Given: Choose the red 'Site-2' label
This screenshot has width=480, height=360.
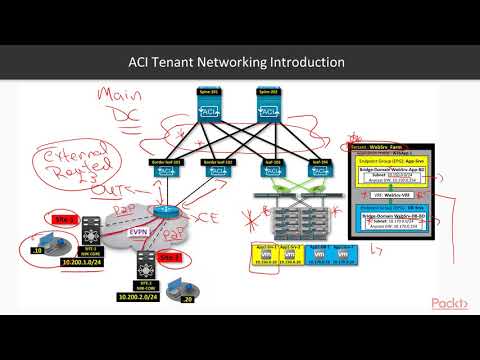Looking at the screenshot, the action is click(x=171, y=256).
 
